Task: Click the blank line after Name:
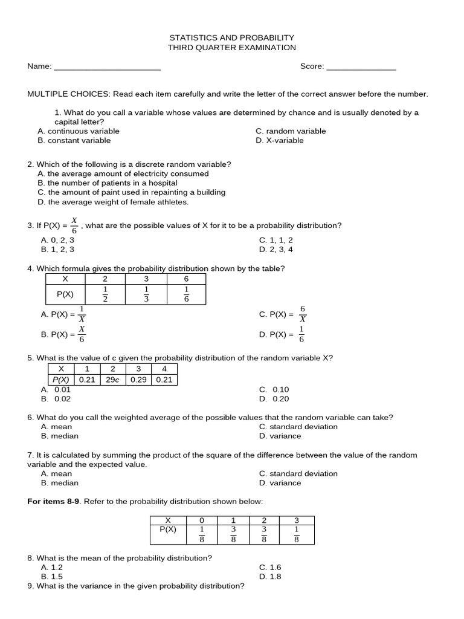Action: pos(107,67)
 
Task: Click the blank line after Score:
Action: pos(361,67)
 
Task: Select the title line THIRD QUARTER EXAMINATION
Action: pos(232,48)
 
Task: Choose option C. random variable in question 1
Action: pos(291,131)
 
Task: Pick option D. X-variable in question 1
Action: pos(280,141)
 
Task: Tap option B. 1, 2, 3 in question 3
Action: pos(58,249)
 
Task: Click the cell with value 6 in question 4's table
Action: pos(186,279)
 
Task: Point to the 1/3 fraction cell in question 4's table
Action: pos(146,294)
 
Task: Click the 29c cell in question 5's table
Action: pos(112,380)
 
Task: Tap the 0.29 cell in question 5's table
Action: pos(138,380)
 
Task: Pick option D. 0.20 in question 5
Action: pos(274,399)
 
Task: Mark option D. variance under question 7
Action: pos(280,483)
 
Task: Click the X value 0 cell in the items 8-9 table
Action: pos(201,520)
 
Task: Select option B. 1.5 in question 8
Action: pos(52,577)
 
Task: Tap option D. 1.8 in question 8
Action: pos(270,577)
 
